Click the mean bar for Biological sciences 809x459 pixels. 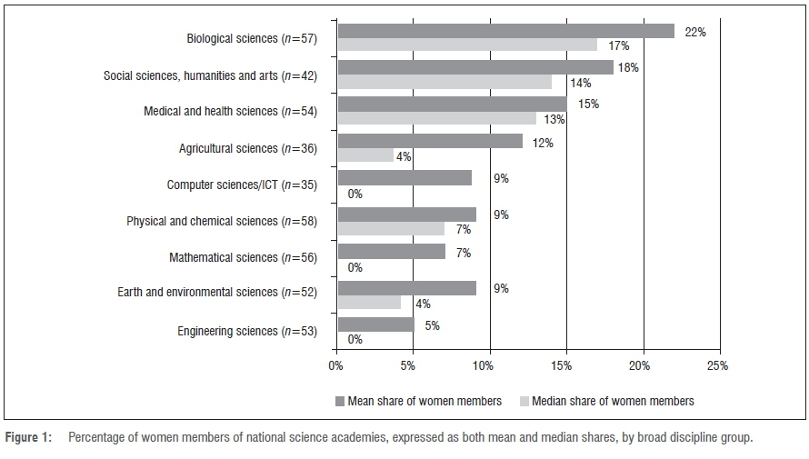pos(505,31)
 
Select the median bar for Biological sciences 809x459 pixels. pos(467,45)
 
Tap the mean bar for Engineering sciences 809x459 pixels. pos(375,324)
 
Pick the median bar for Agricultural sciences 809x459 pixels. pos(365,155)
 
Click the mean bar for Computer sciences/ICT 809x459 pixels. pos(404,178)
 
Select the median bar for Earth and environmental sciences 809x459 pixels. pos(369,302)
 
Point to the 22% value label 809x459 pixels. pos(695,32)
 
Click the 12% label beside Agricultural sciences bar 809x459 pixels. pos(543,143)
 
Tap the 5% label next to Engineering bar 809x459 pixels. pos(432,325)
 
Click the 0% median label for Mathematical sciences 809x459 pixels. pos(355,267)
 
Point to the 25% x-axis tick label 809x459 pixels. pos(717,366)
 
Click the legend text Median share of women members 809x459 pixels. pos(613,401)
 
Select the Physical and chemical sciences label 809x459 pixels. pos(221,222)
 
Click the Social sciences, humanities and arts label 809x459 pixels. pos(210,75)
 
